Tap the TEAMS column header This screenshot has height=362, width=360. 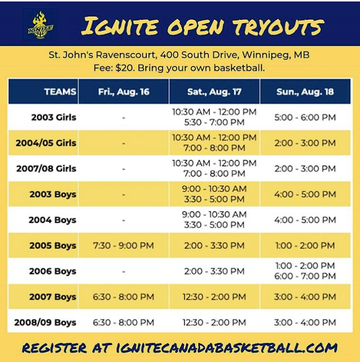59,91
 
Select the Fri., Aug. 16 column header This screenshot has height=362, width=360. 123,91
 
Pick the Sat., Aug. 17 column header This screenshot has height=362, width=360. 214,91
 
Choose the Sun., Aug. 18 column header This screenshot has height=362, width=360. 305,91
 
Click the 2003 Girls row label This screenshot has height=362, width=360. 54,118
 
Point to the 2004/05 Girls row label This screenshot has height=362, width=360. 46,143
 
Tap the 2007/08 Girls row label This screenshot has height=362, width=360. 46,169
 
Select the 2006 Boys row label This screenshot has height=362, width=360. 53,271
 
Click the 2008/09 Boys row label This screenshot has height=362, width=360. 46,322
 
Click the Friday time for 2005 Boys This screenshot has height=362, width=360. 123,245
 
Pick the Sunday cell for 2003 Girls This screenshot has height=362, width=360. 305,118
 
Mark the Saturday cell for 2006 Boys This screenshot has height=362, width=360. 214,271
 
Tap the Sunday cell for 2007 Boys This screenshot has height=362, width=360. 305,297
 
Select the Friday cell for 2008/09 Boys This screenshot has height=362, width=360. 123,322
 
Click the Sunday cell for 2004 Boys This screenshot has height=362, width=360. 305,220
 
